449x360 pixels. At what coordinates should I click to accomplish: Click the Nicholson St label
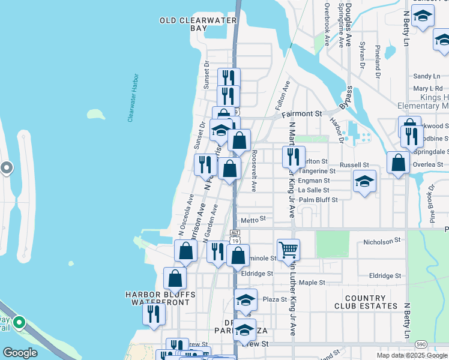coord(382,241)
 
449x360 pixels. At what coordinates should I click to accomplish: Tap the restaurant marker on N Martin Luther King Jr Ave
coord(294,156)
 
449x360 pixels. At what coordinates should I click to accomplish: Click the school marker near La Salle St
coord(364,181)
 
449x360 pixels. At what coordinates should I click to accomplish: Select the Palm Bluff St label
coord(318,199)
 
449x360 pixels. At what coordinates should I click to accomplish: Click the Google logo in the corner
coord(21,353)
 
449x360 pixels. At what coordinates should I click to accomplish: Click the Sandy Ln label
coord(427,76)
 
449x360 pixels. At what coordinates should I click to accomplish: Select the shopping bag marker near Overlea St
coord(398,162)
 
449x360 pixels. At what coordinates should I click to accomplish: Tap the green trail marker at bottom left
coord(19,323)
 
